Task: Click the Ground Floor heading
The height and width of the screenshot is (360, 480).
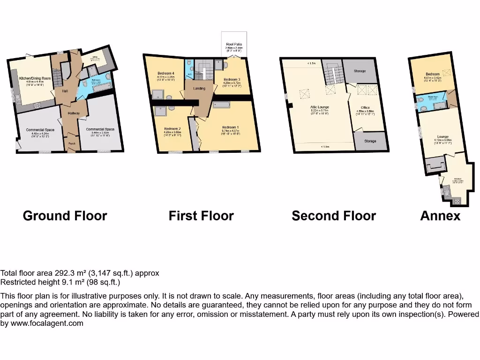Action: click(65, 216)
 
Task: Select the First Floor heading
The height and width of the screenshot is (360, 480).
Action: click(201, 216)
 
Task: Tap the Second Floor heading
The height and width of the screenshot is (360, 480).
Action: click(333, 216)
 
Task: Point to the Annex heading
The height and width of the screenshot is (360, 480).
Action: click(440, 216)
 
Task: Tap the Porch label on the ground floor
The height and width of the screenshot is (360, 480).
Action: click(72, 143)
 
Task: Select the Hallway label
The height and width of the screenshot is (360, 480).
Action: click(74, 113)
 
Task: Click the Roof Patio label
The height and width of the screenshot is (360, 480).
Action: click(234, 45)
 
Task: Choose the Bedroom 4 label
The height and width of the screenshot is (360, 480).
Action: click(166, 73)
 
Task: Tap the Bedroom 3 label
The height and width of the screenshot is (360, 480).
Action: click(232, 79)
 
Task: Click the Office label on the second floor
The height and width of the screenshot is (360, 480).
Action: click(365, 107)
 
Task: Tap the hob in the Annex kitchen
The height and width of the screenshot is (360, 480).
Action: click(457, 200)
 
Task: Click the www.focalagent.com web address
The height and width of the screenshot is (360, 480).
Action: click(47, 323)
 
